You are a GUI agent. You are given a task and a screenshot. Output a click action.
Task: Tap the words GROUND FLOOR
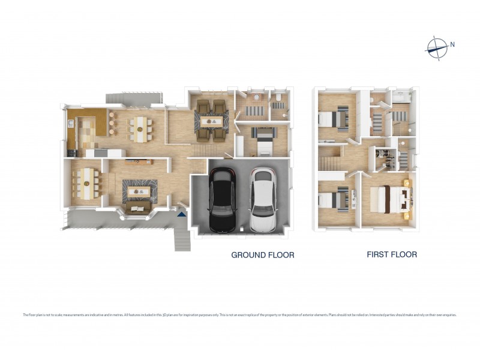(x=263, y=255)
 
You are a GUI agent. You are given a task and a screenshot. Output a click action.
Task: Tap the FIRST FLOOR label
(x=392, y=254)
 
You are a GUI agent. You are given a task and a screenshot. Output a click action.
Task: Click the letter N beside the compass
(x=452, y=44)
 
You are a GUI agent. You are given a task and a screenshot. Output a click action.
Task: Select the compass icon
(x=437, y=47)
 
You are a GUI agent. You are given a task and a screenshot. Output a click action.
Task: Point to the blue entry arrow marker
(x=182, y=213)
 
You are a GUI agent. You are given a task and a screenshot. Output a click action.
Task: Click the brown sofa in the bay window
(x=138, y=208)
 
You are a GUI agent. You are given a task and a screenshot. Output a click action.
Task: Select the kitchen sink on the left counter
(x=72, y=124)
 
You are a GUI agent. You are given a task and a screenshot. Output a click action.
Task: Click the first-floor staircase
(x=329, y=161)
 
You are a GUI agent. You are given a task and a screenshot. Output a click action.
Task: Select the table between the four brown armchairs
(x=212, y=121)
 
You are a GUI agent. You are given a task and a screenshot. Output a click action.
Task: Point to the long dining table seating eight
(x=88, y=182)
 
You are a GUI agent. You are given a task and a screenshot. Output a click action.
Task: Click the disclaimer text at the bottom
(x=240, y=314)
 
